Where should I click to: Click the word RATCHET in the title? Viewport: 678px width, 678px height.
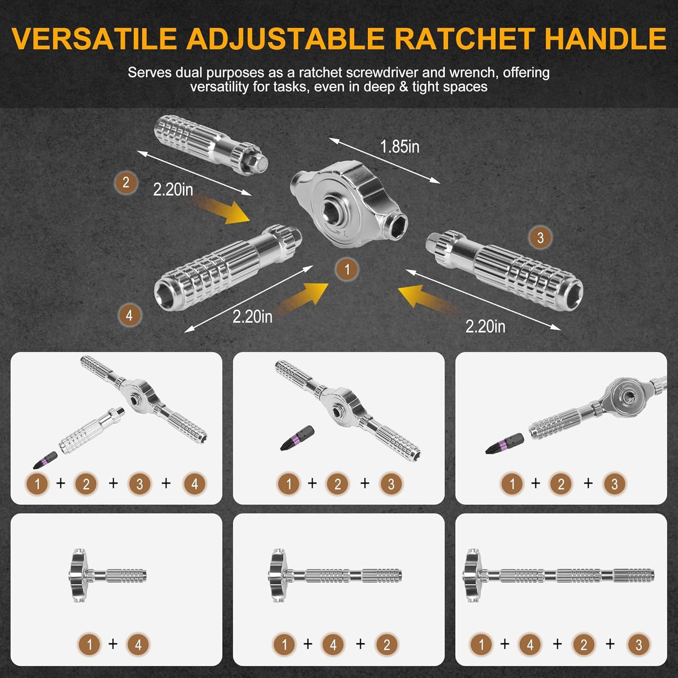(465, 38)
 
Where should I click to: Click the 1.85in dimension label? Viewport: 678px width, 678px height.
(399, 147)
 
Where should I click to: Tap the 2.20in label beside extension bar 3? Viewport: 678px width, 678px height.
(485, 326)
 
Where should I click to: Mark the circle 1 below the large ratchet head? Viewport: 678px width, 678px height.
(347, 269)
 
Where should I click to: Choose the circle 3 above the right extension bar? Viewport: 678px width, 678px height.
(540, 238)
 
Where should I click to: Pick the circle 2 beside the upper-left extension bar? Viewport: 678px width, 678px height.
(125, 183)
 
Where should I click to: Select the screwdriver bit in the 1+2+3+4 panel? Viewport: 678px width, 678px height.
(46, 460)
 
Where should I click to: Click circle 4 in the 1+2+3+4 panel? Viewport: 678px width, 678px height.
(194, 484)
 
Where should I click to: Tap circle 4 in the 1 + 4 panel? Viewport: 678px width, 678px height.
(137, 644)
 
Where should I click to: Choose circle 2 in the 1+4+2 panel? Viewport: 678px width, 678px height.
(386, 644)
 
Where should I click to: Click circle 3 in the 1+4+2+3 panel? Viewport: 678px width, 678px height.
(638, 644)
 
